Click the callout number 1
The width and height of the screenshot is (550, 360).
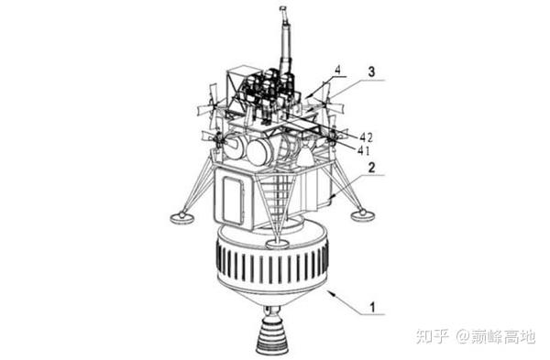(x=372, y=308)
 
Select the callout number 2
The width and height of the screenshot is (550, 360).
(x=371, y=168)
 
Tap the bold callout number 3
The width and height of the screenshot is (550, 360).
(x=371, y=71)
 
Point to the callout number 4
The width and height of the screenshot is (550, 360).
(x=337, y=70)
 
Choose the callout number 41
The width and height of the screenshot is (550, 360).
(x=364, y=151)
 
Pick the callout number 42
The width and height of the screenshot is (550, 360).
(x=366, y=137)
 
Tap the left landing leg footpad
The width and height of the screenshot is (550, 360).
(x=181, y=217)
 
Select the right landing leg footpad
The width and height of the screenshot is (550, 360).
(x=362, y=214)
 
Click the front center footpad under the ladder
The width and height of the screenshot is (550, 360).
(x=277, y=243)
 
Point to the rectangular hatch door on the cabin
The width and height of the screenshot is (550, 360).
(x=233, y=201)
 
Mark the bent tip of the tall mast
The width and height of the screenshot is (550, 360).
(x=283, y=11)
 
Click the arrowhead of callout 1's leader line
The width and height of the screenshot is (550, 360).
(x=331, y=293)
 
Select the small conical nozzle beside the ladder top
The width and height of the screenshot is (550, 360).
(x=305, y=154)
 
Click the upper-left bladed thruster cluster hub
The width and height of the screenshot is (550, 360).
(x=213, y=104)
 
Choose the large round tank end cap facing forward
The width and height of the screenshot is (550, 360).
(x=259, y=151)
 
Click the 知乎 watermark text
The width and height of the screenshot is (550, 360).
(x=433, y=337)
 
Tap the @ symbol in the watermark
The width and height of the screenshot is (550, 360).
(x=463, y=337)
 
